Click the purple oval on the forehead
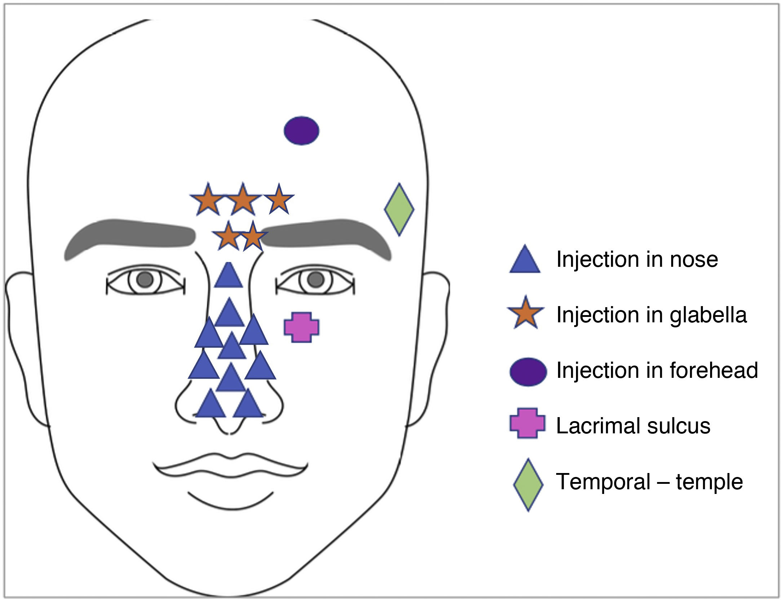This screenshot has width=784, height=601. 301,131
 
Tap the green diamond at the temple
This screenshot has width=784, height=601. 399,209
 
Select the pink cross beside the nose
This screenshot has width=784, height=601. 301,327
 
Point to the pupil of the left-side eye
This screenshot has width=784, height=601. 145,279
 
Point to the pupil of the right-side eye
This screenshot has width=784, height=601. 316,279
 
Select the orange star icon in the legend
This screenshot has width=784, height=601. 526,313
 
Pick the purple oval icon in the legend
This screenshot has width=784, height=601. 528,372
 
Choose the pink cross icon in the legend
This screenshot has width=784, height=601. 527,423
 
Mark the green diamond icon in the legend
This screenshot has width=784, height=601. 528,484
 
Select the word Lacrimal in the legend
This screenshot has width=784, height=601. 598,426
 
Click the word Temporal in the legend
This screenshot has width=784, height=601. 603,481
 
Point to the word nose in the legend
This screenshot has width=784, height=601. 694,260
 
